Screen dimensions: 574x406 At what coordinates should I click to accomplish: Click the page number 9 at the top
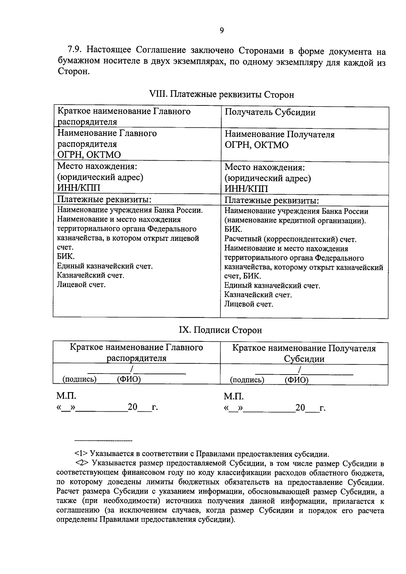coord(222,31)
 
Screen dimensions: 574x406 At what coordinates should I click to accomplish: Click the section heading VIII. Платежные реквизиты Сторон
coord(221,95)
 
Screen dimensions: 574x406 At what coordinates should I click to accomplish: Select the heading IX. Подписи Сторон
coord(220,330)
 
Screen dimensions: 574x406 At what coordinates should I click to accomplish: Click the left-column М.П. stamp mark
coord(66,396)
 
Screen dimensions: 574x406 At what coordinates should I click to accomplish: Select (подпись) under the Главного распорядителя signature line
coord(80,379)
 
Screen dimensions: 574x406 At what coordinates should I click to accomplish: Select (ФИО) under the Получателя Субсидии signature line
coord(296,380)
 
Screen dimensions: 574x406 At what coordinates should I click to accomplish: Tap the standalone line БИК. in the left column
coord(66,257)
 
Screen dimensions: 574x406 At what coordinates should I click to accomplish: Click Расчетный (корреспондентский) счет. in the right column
coord(290,239)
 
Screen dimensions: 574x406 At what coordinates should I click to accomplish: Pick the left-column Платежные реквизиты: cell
coord(104,199)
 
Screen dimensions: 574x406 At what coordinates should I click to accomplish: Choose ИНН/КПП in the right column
coord(246,189)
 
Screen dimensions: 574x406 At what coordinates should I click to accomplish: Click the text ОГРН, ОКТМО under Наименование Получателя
coord(256,145)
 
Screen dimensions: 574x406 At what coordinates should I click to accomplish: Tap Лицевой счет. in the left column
coord(81,285)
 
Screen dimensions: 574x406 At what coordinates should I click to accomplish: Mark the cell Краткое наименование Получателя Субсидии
coord(303,353)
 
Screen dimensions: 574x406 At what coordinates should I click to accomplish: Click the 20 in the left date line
coord(132,407)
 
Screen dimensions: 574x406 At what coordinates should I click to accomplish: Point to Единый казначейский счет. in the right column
coord(272,286)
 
